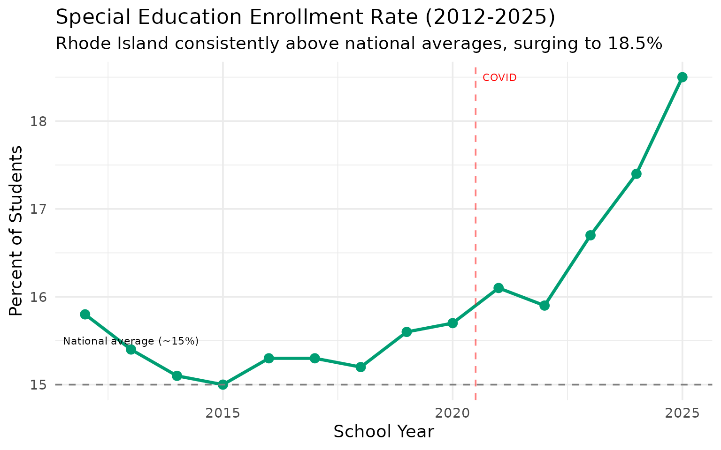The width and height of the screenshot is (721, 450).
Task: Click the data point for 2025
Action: point(682,77)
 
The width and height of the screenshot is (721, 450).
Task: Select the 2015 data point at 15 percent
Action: point(223,384)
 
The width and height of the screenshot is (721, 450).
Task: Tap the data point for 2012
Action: point(85,314)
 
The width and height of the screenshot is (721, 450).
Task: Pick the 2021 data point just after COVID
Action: point(499,288)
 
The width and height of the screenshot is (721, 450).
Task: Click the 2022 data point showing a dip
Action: point(545,306)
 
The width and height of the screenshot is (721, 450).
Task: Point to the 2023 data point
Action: point(591,235)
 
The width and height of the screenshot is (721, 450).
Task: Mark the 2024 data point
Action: point(637,174)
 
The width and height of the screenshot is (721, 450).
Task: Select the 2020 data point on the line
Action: point(453,323)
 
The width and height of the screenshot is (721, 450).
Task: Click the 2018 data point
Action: point(360,367)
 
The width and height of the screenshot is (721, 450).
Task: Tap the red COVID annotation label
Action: point(499,78)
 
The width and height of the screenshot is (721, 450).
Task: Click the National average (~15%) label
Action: point(130,341)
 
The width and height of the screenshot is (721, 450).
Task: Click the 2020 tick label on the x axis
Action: point(453,413)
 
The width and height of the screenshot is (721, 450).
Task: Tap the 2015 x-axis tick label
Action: point(223,413)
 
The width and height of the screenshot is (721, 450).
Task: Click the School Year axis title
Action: point(384,432)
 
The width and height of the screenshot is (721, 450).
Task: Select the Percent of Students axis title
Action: point(16,231)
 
